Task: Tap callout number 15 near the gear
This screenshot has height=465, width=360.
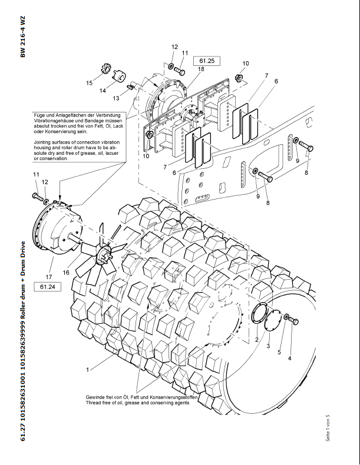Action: pos(89,84)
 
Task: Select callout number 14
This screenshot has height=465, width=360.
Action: pos(103,91)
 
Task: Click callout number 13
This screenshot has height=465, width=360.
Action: pos(116,98)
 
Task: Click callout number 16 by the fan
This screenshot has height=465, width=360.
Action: pos(66,272)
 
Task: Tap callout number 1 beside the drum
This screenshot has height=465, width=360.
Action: pos(87,370)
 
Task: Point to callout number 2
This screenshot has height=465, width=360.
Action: pos(257,340)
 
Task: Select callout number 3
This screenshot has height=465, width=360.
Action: pos(269,346)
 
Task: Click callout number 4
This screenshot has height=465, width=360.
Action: pos(289,358)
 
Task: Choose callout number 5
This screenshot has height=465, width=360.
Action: pos(280,353)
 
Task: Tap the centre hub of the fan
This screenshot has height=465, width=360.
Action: pos(106,254)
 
